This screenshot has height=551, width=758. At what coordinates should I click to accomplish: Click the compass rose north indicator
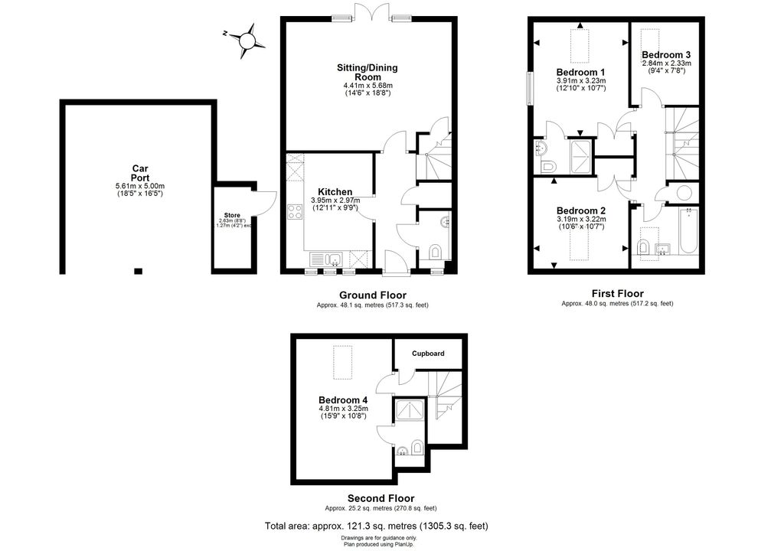(x=225, y=34)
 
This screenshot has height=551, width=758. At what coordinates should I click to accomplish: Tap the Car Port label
(x=140, y=173)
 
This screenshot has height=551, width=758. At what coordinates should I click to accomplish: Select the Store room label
(x=232, y=215)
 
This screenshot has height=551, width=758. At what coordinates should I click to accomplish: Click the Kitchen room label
(x=335, y=192)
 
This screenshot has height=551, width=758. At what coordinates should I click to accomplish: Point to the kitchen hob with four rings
(x=295, y=212)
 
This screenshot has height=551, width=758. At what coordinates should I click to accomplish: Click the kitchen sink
(x=326, y=259)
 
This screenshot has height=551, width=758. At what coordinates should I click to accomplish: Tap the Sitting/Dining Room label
(x=368, y=72)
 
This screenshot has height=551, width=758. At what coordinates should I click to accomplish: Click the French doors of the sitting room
(x=371, y=11)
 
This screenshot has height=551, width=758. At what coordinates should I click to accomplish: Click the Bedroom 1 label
(x=580, y=73)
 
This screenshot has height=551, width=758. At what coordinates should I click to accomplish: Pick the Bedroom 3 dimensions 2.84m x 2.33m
(x=666, y=63)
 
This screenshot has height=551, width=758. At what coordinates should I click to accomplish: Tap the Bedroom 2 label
(x=580, y=210)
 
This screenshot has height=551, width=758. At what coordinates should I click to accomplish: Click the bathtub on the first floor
(x=688, y=232)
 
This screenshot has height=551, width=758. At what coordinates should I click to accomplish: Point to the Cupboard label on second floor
(x=428, y=354)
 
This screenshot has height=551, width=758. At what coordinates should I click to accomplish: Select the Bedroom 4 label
(x=343, y=400)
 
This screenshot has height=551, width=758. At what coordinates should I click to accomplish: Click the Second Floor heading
(x=381, y=498)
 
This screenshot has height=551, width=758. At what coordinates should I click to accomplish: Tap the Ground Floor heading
(x=373, y=295)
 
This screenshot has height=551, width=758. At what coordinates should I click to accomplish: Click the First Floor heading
(x=618, y=293)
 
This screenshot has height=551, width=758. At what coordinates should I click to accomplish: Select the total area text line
(x=377, y=526)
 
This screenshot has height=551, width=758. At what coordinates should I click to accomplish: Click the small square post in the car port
(x=139, y=271)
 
